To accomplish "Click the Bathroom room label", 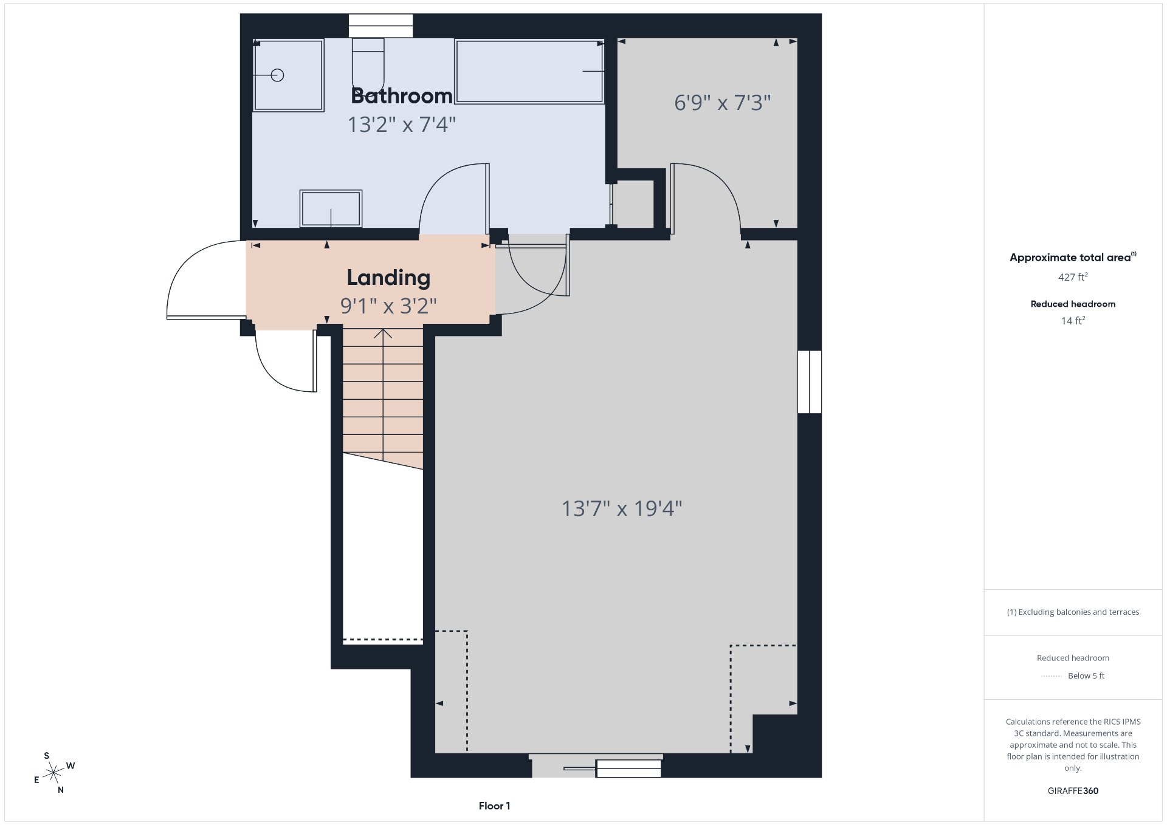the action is (402, 96).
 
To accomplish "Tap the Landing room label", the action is (388, 278).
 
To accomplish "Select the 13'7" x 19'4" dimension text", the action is (622, 508).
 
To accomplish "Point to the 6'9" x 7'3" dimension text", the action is (722, 103).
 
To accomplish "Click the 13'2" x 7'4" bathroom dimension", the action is (402, 125).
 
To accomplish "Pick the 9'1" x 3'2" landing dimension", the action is (388, 306).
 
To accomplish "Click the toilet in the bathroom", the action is (368, 64).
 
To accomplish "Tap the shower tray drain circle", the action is (278, 75).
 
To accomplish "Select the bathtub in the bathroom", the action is (529, 72).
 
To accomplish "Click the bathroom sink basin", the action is (331, 208).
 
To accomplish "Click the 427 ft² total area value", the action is (1073, 277).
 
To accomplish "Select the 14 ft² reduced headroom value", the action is (1073, 321).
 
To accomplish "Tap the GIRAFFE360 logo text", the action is (1073, 791).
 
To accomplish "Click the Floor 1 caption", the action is (494, 806).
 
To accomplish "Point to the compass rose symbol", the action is (54, 773).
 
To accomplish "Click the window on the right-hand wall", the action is (810, 382).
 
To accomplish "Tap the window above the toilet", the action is (380, 26).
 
